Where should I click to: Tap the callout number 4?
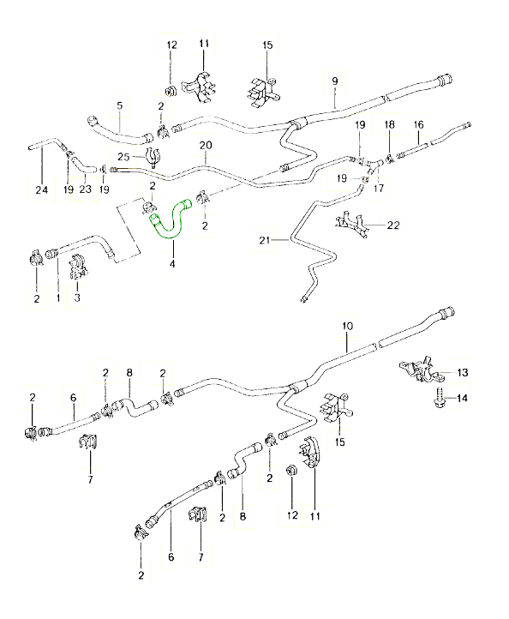(172, 264)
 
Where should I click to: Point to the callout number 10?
(347, 327)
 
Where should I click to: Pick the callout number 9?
(335, 81)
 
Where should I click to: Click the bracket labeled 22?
(354, 225)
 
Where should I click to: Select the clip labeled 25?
(153, 158)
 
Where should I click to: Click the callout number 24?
(37, 189)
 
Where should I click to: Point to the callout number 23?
(85, 189)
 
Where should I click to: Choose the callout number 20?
(205, 145)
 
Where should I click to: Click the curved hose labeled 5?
(120, 130)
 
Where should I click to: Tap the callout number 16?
(419, 124)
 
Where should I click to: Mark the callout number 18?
(389, 124)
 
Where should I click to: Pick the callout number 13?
(463, 372)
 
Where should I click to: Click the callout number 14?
(463, 398)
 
